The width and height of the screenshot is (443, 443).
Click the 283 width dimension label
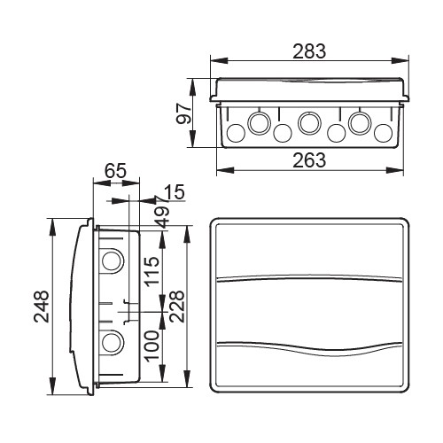point(309,51)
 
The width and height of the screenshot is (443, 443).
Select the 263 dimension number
point(309,160)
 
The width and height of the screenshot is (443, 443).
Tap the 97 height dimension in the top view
point(183,113)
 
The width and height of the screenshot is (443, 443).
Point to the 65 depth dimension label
point(116,171)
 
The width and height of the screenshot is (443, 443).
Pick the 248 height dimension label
point(41,306)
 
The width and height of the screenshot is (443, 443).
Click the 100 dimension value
point(152,346)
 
